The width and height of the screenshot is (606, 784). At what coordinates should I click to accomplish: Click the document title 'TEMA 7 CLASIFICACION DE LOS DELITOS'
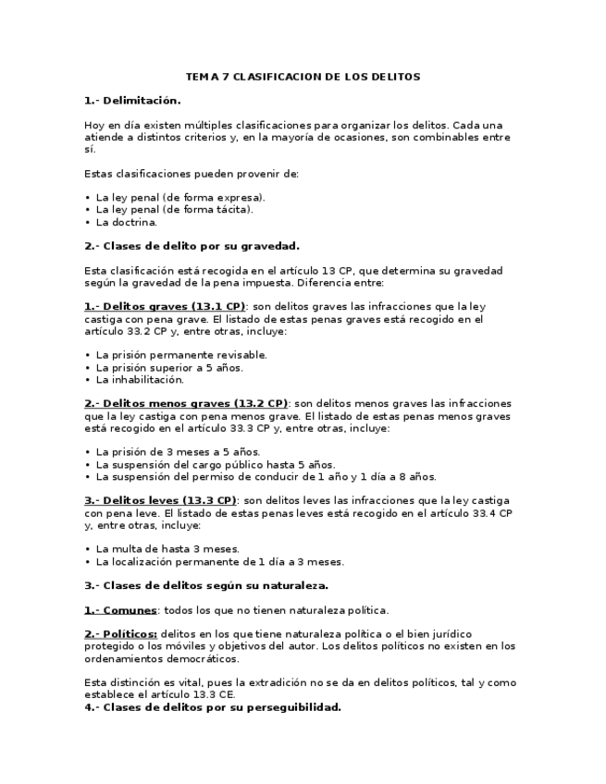[303, 77]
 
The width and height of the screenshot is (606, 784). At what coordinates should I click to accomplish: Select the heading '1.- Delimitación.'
[132, 100]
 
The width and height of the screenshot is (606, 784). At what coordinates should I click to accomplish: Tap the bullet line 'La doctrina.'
[127, 222]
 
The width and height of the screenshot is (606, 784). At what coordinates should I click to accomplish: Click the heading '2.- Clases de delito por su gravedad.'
[192, 246]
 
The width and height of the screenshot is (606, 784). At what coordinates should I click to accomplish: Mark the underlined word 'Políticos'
[130, 634]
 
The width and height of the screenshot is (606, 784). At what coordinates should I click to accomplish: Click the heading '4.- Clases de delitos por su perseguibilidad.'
[213, 707]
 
